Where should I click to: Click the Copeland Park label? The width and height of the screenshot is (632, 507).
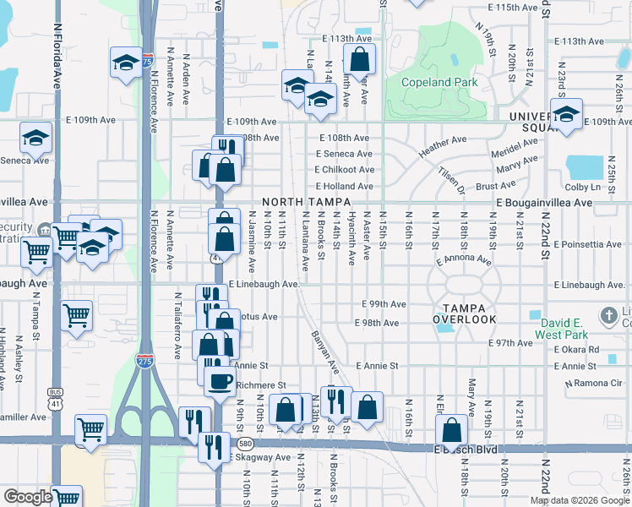click(x=440, y=82)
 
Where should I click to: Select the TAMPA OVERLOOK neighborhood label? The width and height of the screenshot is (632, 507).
click(x=465, y=313)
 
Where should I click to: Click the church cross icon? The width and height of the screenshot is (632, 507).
click(x=608, y=317)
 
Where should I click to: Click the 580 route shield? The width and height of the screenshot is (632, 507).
click(x=245, y=443)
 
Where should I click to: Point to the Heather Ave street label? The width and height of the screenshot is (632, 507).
click(x=443, y=146)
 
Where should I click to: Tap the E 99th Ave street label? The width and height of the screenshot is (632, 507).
click(x=384, y=304)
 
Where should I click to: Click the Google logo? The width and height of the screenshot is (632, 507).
click(x=28, y=497)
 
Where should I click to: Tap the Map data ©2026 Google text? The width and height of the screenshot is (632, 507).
click(x=579, y=500)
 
